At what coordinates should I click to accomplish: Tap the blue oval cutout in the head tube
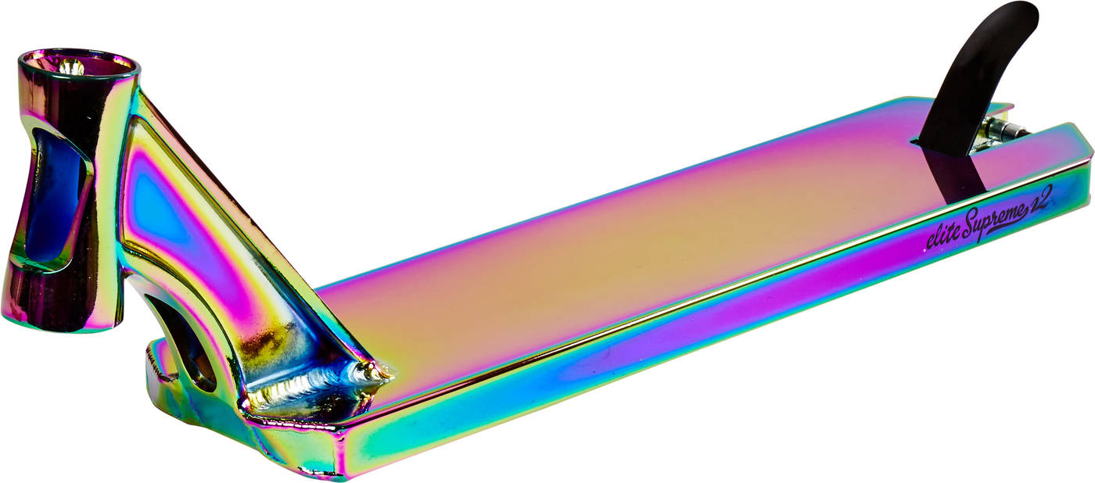click(x=53, y=195)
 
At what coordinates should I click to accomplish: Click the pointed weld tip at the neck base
click(x=389, y=376)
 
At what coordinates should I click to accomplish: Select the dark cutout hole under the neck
click(x=191, y=342)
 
